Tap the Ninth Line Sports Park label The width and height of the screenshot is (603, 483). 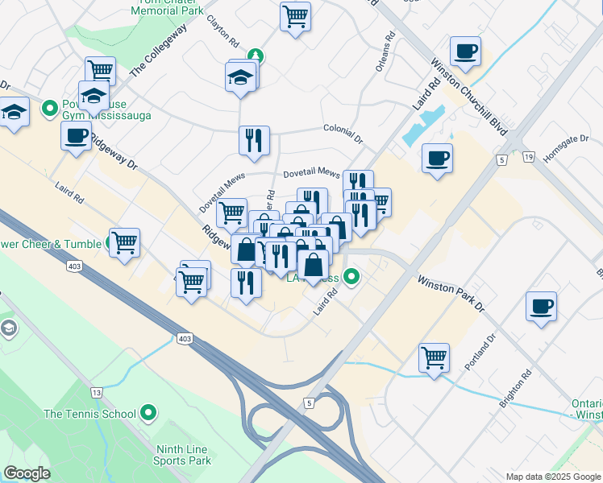point(182,455)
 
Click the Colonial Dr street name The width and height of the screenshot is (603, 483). point(345,129)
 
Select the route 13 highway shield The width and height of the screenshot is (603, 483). point(97,392)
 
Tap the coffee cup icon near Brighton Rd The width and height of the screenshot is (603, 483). point(542,306)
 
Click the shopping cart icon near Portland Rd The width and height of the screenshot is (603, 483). point(434,356)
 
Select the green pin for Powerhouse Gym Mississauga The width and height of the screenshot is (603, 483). point(48,106)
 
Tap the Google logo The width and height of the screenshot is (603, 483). point(27,473)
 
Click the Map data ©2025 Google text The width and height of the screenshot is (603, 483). point(552,477)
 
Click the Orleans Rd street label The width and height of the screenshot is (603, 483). point(385,52)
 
